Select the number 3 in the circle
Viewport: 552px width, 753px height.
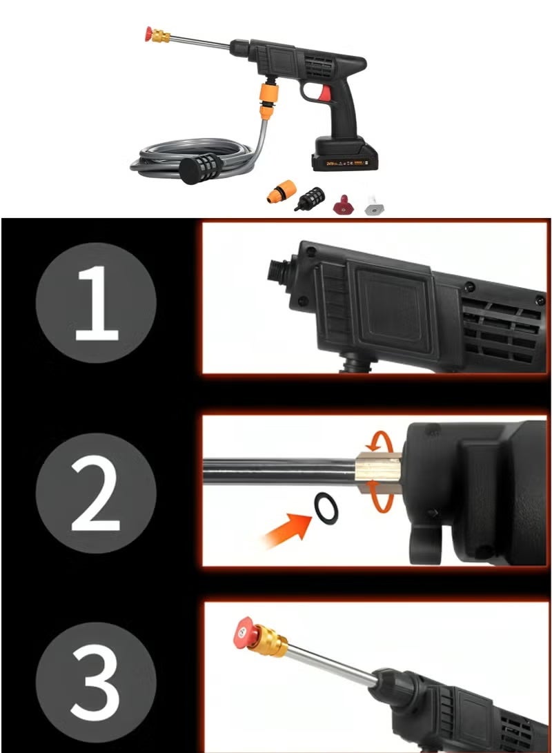pos(97,676)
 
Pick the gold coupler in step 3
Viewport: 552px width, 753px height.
pos(270,639)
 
